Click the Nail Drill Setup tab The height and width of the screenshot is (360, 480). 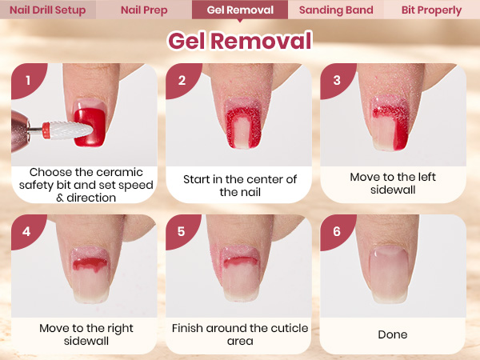click(x=48, y=10)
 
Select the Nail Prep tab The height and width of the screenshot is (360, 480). click(x=144, y=10)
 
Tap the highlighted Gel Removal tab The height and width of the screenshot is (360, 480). click(x=240, y=10)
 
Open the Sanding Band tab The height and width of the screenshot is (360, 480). click(x=336, y=10)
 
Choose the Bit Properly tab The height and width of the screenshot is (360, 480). click(x=432, y=10)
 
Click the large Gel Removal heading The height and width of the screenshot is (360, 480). click(x=240, y=41)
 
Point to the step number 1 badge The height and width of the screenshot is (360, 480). click(x=27, y=79)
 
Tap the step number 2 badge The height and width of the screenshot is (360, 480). click(x=182, y=79)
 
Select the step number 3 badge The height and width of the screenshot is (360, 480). click(x=336, y=79)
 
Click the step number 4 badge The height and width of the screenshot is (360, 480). click(x=26, y=231)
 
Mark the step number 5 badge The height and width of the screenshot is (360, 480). click(x=181, y=231)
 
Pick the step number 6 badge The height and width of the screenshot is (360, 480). click(x=336, y=231)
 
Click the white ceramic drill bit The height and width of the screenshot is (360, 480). click(x=71, y=130)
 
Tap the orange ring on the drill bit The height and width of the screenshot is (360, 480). click(x=46, y=130)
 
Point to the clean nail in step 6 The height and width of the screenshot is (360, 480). click(x=390, y=274)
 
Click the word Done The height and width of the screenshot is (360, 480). click(x=393, y=334)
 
